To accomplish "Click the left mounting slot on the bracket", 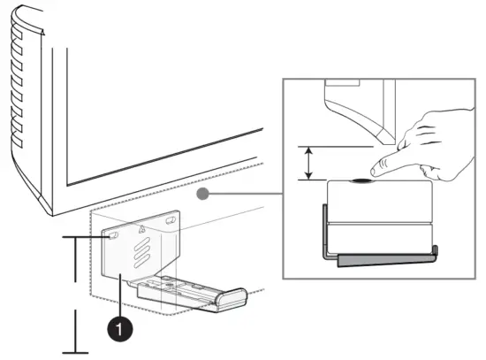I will [111, 235].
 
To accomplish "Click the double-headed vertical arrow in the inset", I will [308, 164].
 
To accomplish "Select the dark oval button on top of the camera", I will [362, 180].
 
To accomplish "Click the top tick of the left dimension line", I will [75, 238].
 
